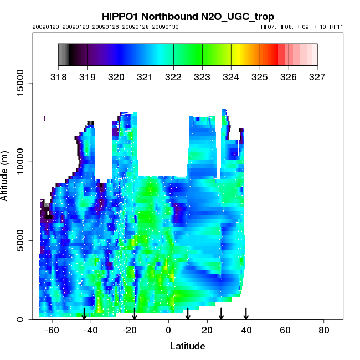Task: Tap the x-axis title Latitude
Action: click(x=188, y=346)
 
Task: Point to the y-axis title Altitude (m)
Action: click(x=7, y=175)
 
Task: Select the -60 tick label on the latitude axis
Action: click(x=52, y=330)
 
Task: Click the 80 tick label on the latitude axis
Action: click(x=324, y=330)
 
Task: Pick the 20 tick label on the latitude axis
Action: click(x=207, y=330)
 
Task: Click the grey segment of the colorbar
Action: click(x=64, y=55)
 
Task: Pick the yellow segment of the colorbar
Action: click(x=235, y=55)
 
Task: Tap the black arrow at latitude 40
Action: click(x=246, y=313)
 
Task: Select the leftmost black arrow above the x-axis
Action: click(x=84, y=313)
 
